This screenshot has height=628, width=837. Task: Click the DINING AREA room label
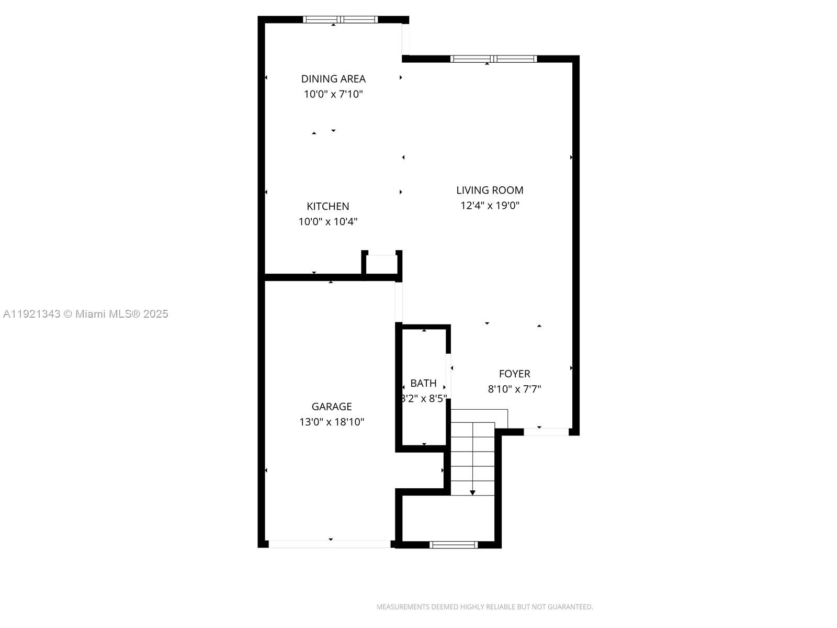(333, 78)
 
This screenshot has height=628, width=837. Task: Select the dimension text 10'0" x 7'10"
(333, 94)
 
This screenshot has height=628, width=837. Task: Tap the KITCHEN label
(328, 206)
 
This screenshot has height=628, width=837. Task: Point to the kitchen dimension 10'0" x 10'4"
(328, 221)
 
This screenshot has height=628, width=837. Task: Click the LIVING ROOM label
(490, 190)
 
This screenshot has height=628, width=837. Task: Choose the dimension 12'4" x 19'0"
(490, 205)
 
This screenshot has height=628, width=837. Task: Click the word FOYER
(514, 374)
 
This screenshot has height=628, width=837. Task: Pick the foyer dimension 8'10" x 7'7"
(514, 389)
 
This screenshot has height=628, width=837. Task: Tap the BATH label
(423, 383)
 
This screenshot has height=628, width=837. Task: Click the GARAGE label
(332, 406)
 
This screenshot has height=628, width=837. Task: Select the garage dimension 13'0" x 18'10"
(332, 422)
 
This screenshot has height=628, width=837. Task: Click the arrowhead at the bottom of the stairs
(472, 492)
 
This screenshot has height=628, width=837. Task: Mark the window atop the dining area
(340, 20)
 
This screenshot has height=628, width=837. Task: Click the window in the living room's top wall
(493, 59)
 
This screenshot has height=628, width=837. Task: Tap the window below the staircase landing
(454, 545)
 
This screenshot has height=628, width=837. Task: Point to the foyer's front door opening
(546, 432)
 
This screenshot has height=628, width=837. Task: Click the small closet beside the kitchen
(381, 264)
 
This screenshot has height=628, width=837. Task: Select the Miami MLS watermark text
(85, 314)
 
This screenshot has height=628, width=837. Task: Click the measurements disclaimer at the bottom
(484, 607)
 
